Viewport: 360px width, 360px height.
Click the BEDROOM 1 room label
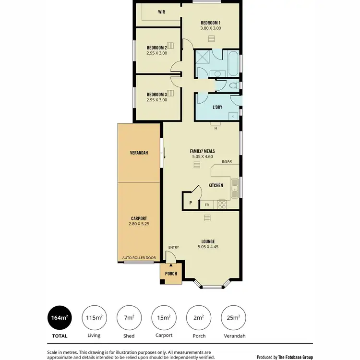pos(210,23)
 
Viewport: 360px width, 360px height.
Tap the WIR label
pos(161,12)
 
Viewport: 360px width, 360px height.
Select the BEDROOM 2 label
pos(157,48)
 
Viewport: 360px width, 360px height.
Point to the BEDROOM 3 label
pos(157,94)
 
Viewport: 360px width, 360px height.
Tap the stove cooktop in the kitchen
pos(222,204)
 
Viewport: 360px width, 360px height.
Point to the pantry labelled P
pos(191,203)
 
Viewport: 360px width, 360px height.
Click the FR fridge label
pos(207,205)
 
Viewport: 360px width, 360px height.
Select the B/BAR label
pos(227,162)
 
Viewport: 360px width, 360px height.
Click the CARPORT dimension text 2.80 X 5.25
pos(139,224)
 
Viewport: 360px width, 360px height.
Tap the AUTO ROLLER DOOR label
pos(139,258)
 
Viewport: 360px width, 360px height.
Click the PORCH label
pos(171,274)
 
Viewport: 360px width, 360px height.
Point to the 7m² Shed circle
pos(129,318)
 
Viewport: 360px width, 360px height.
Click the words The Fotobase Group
pos(296,357)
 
